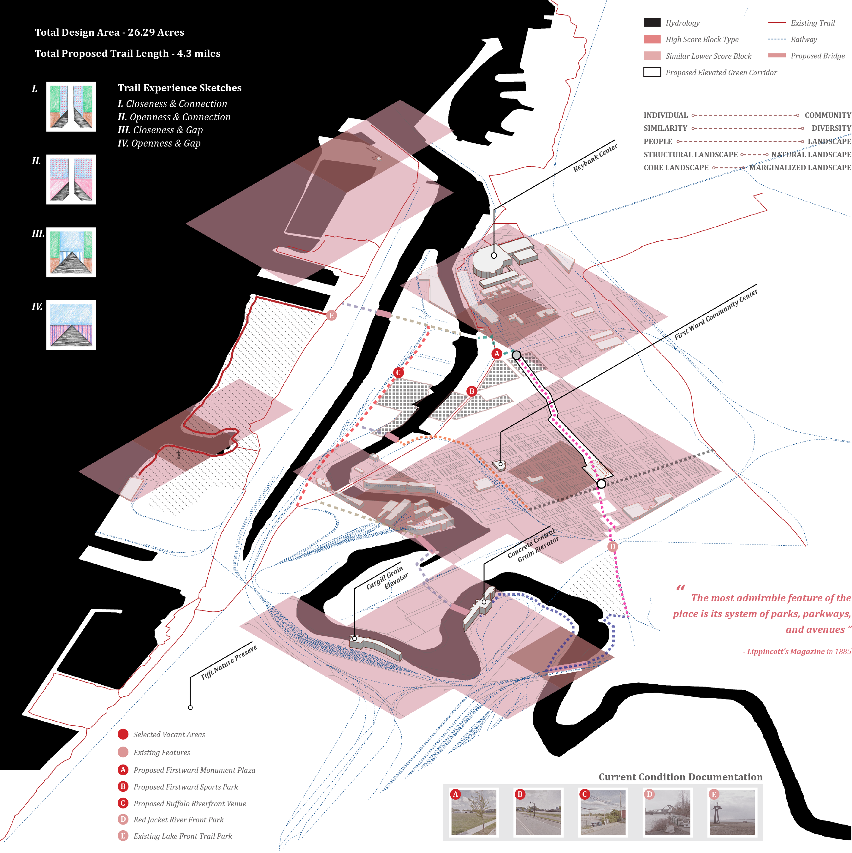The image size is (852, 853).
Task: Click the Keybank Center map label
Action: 595,158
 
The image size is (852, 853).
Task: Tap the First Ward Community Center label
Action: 716,314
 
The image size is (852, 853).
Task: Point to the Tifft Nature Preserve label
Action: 228,663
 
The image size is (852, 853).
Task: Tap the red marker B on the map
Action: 472,391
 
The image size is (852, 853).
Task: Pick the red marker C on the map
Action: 399,373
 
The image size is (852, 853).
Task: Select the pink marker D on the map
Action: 612,547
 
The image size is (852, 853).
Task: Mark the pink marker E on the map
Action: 331,315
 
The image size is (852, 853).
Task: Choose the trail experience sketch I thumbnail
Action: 71,106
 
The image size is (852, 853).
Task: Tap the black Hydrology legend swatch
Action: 652,22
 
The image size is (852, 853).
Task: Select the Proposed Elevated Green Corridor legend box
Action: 652,72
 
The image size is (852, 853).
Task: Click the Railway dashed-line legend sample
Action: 777,39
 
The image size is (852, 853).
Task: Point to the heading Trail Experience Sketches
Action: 180,88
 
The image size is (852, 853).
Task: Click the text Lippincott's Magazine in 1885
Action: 797,651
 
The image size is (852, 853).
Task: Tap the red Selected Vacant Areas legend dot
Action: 123,734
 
